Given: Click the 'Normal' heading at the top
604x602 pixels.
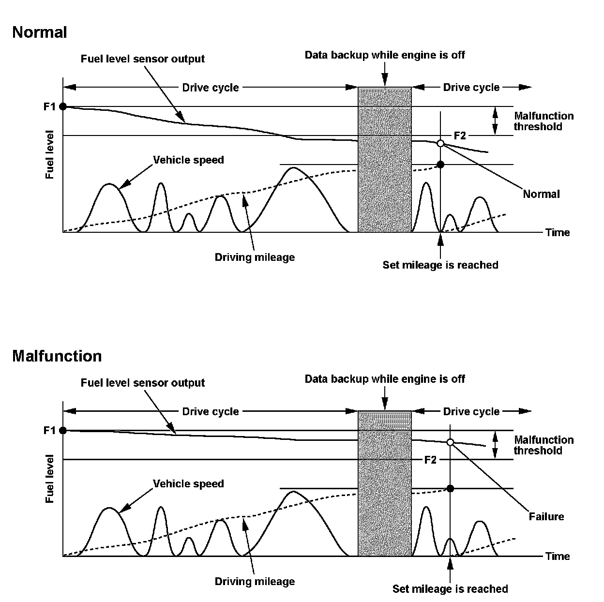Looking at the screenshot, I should (40, 32).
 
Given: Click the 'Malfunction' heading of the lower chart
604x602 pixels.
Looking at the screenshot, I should (57, 356).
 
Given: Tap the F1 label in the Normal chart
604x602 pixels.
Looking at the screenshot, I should (50, 106).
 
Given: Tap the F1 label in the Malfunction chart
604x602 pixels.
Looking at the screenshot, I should (50, 430).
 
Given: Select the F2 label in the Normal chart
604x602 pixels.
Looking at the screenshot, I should (459, 136).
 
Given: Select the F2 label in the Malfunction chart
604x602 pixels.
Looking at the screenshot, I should (430, 460).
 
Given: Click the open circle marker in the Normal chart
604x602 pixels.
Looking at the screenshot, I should (440, 143).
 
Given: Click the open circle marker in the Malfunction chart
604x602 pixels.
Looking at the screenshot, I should (450, 442).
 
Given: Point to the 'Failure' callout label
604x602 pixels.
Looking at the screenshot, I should (546, 517).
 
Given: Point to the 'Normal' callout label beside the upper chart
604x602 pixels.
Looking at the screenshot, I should (541, 194).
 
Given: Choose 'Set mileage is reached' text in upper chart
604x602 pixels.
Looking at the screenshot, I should (440, 265).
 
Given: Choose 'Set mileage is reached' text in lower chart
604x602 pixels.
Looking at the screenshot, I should (450, 589).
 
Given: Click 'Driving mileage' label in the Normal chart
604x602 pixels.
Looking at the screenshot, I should (255, 257).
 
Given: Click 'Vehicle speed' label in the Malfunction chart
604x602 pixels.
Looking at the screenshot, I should (188, 484).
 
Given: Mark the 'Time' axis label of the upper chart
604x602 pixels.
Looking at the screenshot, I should (558, 233).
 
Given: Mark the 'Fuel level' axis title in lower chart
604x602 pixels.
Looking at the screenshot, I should (50, 479).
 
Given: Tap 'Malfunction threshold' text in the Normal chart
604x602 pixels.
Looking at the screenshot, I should (544, 121).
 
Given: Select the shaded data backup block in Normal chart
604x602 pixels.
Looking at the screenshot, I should (385, 160).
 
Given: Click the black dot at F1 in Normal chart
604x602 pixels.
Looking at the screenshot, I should (63, 106).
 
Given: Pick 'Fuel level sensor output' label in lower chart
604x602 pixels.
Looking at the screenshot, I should (143, 383).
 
